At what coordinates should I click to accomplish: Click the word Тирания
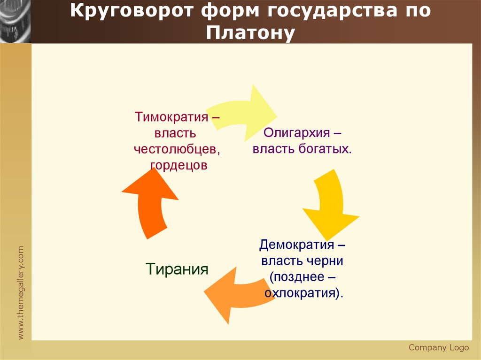pos(177,269)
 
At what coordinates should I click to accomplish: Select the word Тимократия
pos(171,117)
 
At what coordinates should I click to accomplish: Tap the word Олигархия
pos(297,133)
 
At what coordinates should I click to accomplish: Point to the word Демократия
pos(296,245)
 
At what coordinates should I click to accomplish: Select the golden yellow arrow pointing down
pos(331,204)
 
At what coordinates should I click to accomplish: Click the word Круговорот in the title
pos(132,11)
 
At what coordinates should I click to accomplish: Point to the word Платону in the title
pos(250,32)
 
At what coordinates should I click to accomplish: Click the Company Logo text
pos(439,347)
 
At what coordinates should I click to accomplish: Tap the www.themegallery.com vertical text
pos(21,292)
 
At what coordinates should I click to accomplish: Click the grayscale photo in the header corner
pos(16,22)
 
